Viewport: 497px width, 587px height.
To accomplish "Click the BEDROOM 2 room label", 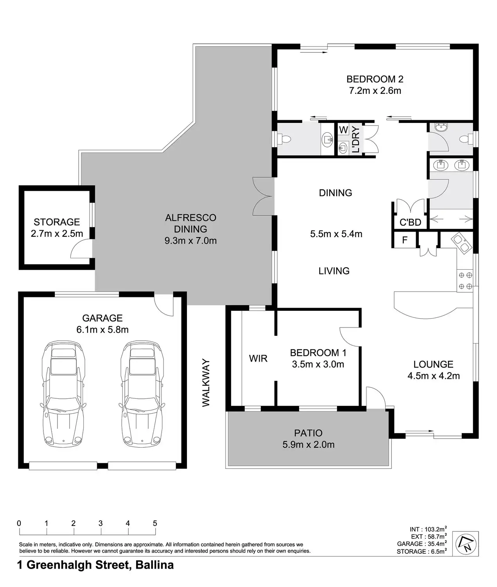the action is tap(375, 79).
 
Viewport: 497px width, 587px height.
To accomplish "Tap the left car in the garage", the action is tap(63, 394).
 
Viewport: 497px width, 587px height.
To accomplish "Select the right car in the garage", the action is tap(142, 394).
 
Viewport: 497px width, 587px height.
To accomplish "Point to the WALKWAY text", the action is tap(206, 383).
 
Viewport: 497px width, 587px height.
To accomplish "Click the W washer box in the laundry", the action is tap(343, 130).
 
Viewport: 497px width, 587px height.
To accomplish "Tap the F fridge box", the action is tap(405, 240).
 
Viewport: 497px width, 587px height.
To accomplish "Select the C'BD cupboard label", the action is tap(411, 222).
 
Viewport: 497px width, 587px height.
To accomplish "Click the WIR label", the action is tap(258, 358).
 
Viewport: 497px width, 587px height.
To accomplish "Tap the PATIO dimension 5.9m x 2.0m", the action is tap(309, 445).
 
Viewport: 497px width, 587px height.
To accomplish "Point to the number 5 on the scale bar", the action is tap(155, 523).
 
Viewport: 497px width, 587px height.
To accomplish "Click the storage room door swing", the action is tap(81, 248).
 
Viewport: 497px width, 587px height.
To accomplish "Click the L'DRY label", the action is tap(356, 139).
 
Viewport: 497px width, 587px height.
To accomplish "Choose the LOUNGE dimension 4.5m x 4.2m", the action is tap(433, 376).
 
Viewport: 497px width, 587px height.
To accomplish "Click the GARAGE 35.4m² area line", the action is tap(422, 544).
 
